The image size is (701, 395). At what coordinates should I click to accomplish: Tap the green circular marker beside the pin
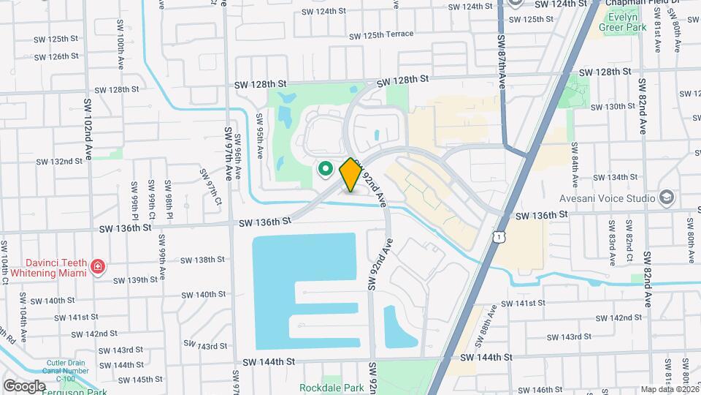(326, 170)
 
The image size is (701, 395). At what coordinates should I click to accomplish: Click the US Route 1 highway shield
(498, 236)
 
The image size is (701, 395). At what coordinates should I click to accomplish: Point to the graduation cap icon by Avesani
(667, 197)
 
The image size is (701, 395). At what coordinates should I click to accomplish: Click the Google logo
(24, 385)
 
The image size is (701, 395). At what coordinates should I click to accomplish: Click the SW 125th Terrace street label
(380, 35)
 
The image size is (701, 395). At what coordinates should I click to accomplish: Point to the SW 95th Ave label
(259, 135)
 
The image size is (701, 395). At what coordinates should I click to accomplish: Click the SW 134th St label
(616, 178)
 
